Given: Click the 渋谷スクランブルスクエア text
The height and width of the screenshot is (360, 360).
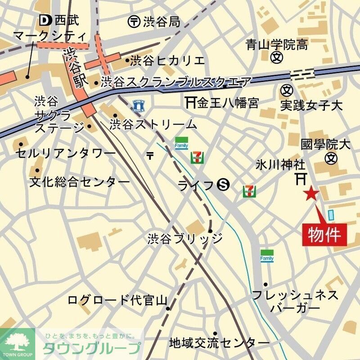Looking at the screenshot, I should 176,82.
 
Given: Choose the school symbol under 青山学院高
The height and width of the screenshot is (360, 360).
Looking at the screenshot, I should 277,58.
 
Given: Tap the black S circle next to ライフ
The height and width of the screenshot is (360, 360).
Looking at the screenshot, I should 223,184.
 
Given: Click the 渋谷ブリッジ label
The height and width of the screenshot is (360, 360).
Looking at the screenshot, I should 185,238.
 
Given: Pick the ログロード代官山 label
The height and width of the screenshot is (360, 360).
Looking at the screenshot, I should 117,300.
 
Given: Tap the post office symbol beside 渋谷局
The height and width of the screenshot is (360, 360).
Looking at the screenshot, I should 134,21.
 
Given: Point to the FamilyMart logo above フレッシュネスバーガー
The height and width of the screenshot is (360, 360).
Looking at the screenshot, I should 267,255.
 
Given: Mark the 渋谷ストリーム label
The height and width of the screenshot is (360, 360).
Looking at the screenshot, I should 153,124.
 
